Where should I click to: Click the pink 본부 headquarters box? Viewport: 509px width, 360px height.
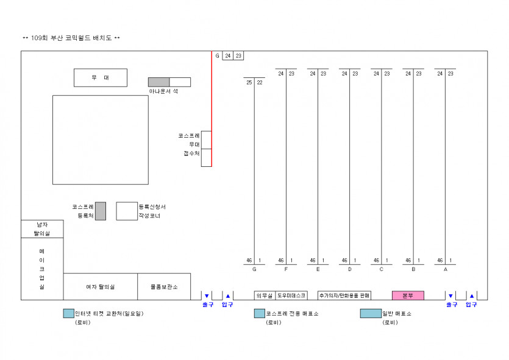pyautogui.click(x=408, y=295)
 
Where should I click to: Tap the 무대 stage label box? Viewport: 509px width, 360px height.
pyautogui.click(x=101, y=78)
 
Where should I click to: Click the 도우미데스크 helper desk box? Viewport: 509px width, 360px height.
pyautogui.click(x=291, y=295)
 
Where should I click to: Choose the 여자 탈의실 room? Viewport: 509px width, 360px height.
pyautogui.click(x=101, y=286)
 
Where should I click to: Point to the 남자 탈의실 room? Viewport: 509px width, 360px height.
pyautogui.click(x=42, y=229)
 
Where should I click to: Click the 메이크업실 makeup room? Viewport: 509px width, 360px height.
pyautogui.click(x=42, y=269)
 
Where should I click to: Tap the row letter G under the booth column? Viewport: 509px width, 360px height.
pyautogui.click(x=254, y=269)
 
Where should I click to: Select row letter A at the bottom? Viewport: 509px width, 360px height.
pyautogui.click(x=446, y=269)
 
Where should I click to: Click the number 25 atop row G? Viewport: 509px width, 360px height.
pyautogui.click(x=249, y=83)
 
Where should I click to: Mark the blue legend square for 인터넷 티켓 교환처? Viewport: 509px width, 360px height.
pyautogui.click(x=68, y=314)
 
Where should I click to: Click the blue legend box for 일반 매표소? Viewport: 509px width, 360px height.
pyautogui.click(x=370, y=314)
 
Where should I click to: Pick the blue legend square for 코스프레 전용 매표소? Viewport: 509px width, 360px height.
pyautogui.click(x=260, y=314)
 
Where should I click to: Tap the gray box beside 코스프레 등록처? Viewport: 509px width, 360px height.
pyautogui.click(x=101, y=211)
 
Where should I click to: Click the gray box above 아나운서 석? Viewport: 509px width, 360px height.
pyautogui.click(x=158, y=82)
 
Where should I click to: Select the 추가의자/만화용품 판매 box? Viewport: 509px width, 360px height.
pyautogui.click(x=344, y=295)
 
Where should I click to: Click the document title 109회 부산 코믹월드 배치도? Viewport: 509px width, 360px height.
pyautogui.click(x=71, y=38)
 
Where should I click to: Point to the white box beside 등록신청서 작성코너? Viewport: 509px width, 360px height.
pyautogui.click(x=127, y=211)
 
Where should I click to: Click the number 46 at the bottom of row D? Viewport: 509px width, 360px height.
pyautogui.click(x=344, y=261)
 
